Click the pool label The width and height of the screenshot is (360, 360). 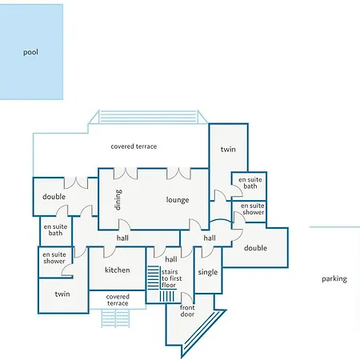coord(30,52)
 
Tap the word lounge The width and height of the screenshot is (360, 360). coord(178,200)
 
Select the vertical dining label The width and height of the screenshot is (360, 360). coord(118,200)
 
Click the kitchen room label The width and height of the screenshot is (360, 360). coord(118,270)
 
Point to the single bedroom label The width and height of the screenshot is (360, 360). coord(208,272)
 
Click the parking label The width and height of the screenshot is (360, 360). coord(334,279)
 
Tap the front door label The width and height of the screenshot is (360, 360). coord(187,311)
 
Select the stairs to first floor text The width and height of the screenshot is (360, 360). coord(171,278)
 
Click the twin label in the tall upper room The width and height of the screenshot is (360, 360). coord(228,150)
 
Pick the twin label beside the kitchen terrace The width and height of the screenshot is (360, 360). coord(62,294)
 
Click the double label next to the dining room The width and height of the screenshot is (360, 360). coord(54,197)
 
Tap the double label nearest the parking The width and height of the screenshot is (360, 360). coord(255,248)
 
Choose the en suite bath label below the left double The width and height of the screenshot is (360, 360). coord(55,230)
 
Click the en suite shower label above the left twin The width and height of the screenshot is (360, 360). coord(54,258)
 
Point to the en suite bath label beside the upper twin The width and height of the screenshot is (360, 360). coord(250,183)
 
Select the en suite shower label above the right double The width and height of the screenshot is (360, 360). coord(253,209)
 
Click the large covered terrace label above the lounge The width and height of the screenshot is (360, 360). coord(134,146)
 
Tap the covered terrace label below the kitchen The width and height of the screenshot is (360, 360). coord(118,300)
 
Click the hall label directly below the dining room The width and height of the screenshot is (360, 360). coord(122,238)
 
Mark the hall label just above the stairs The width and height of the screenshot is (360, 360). coord(171,259)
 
